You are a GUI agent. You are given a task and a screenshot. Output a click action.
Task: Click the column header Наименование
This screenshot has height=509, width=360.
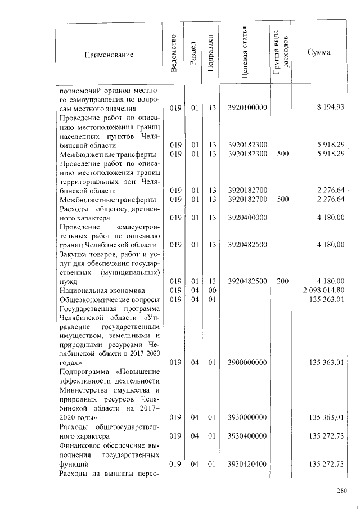(x=109, y=55)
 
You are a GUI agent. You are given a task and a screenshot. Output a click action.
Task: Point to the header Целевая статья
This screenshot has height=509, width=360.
(x=246, y=55)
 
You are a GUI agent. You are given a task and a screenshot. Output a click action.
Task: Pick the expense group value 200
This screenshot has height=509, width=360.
(x=282, y=281)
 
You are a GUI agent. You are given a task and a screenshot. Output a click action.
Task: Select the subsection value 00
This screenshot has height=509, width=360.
(x=212, y=290)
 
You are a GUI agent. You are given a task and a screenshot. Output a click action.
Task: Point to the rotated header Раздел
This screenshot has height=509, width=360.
(x=192, y=55)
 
